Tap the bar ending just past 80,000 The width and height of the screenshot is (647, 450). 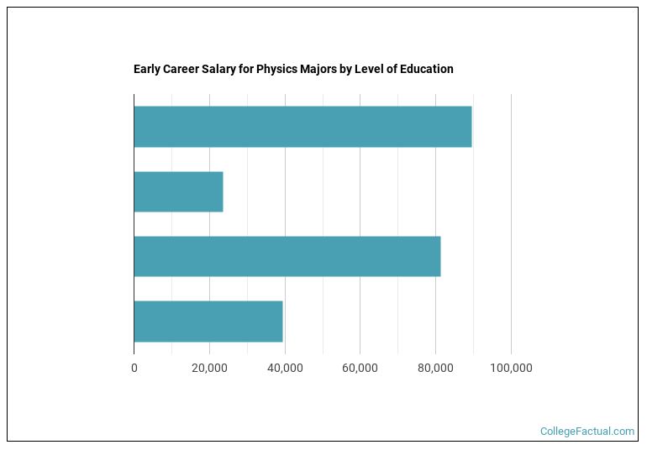287,256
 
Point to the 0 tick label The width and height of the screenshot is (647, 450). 134,368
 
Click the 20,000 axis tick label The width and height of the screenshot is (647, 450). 209,368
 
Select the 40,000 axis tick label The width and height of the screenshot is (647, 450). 285,368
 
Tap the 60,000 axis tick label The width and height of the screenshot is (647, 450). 360,368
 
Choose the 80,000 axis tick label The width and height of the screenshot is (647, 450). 435,368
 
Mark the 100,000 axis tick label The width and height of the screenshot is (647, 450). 511,368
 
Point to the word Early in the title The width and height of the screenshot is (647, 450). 147,69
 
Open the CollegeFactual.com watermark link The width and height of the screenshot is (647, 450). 587,432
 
